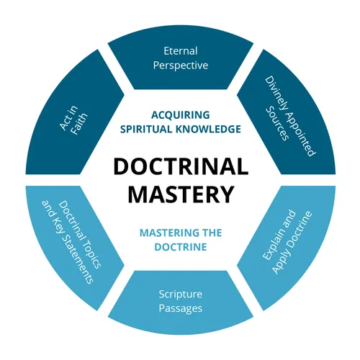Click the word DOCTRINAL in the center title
[x=179, y=166]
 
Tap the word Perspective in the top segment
[x=180, y=66]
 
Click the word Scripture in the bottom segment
[x=180, y=294]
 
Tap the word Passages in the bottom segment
[x=180, y=308]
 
